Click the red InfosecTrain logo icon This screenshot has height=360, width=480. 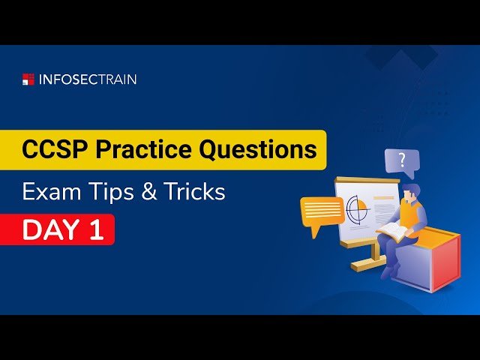pyautogui.click(x=28, y=79)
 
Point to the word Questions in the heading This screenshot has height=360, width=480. pyautogui.click(x=257, y=149)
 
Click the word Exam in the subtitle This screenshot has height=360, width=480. pyautogui.click(x=46, y=191)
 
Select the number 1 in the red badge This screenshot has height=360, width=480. pyautogui.click(x=96, y=230)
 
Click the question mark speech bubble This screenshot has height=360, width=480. pyautogui.click(x=402, y=160)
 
